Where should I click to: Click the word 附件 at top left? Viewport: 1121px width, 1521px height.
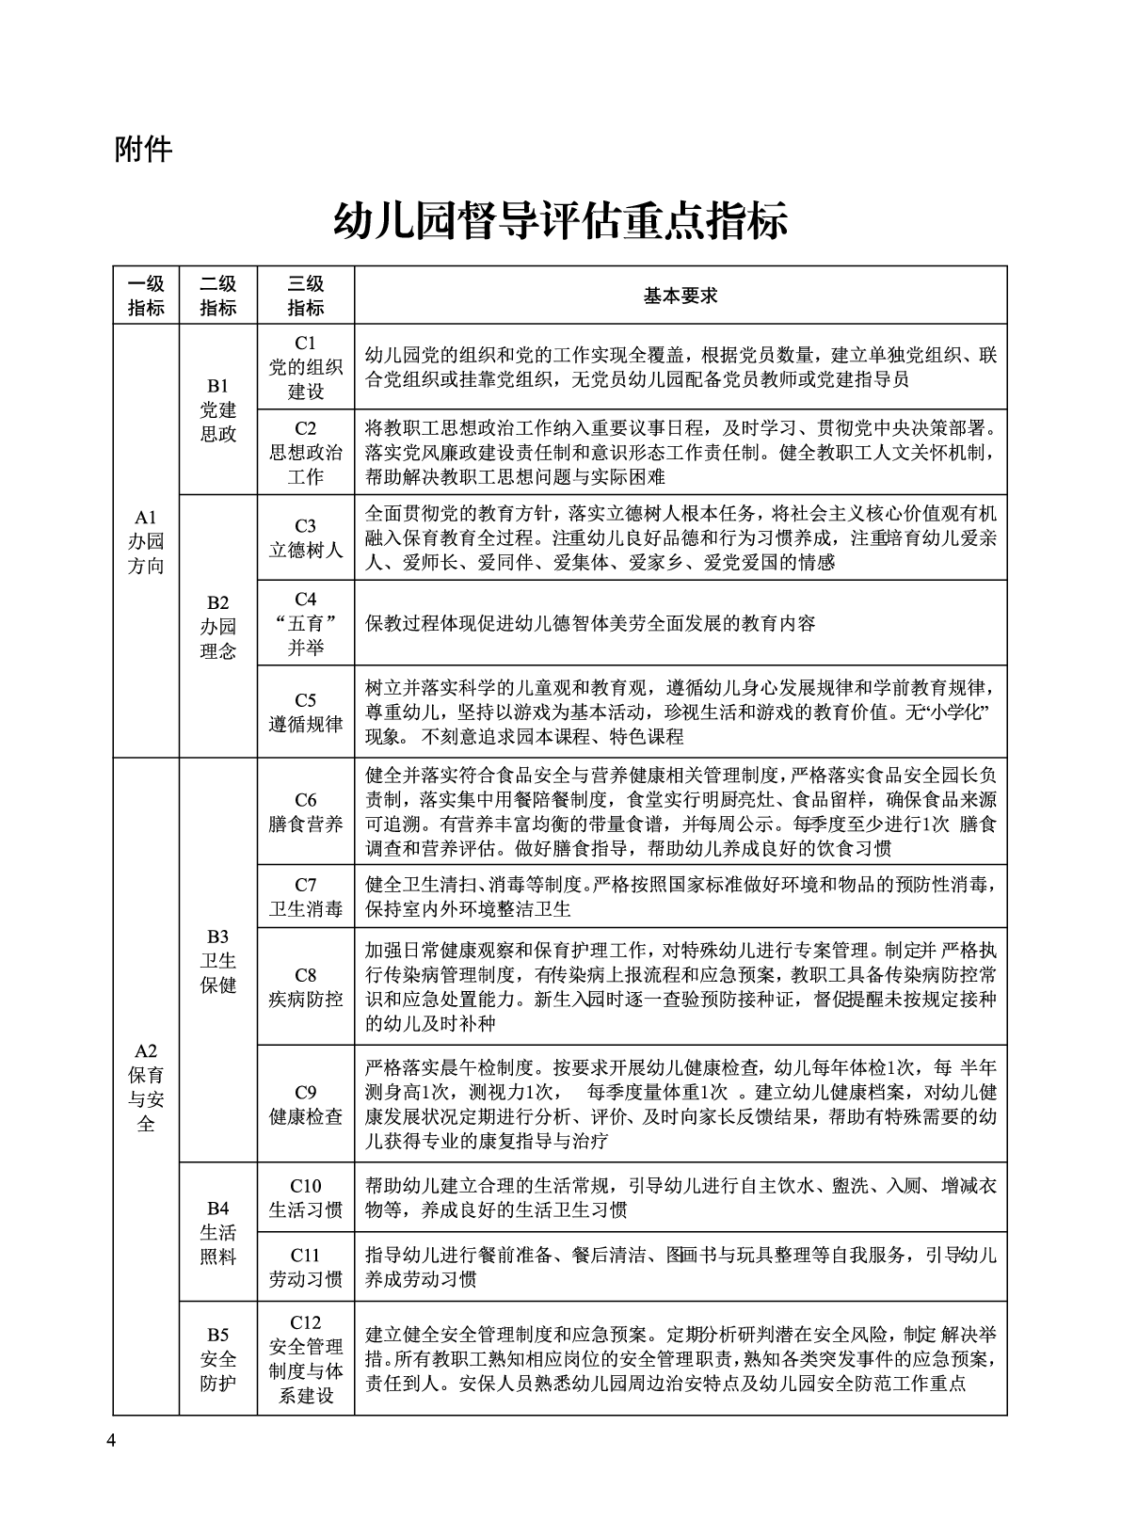click(143, 148)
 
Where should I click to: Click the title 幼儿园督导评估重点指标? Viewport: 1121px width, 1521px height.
click(560, 222)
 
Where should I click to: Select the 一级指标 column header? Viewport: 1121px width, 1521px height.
click(146, 296)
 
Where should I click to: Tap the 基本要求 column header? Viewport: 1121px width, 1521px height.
click(680, 296)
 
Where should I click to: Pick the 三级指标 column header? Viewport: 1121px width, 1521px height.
click(306, 296)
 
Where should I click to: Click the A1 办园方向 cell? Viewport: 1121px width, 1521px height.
click(146, 541)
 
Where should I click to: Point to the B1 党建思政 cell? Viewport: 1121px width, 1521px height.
click(218, 409)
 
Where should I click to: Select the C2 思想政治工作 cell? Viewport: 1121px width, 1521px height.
click(306, 452)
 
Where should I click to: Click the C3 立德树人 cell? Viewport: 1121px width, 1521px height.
click(306, 537)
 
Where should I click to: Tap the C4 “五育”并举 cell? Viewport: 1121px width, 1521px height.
click(306, 623)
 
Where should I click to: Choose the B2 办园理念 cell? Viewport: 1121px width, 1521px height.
click(218, 626)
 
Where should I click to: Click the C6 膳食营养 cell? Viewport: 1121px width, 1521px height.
click(306, 811)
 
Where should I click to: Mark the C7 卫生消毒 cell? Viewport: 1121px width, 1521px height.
click(306, 896)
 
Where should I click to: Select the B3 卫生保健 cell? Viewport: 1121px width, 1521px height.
click(218, 960)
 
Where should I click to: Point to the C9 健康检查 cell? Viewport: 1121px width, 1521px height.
click(306, 1104)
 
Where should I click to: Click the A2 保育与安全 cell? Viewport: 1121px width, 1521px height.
click(146, 1087)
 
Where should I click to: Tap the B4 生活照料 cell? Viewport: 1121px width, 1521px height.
click(218, 1232)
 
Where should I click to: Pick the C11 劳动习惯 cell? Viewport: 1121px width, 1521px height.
click(306, 1267)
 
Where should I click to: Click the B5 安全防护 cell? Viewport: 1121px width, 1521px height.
click(218, 1358)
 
